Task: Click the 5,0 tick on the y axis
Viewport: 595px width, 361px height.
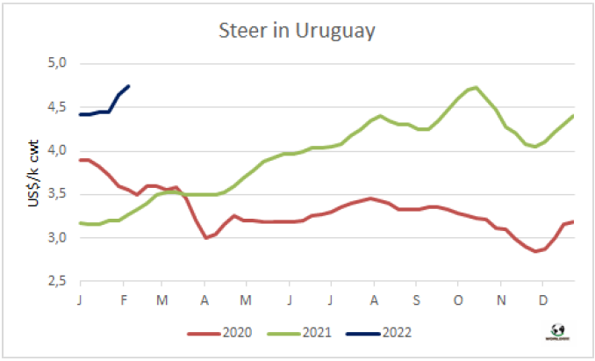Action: click(57, 64)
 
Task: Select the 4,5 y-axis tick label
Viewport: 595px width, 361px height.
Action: click(57, 107)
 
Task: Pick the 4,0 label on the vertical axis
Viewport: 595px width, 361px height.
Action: click(57, 150)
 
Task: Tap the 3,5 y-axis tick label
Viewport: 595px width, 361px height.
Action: click(57, 194)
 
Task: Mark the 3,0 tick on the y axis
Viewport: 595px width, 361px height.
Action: click(57, 237)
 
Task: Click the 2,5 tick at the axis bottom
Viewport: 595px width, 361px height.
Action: click(57, 280)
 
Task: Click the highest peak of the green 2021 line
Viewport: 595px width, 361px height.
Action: click(475, 87)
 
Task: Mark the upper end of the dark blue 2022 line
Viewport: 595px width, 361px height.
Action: click(129, 86)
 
